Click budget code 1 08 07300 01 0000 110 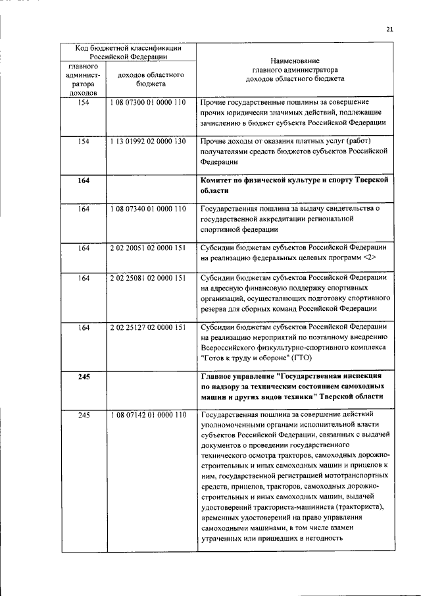point(150,103)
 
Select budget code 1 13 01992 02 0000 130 point(150,142)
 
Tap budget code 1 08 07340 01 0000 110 point(150,209)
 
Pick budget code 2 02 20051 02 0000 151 point(150,248)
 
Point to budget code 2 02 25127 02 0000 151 point(150,327)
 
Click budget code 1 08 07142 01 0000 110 point(150,415)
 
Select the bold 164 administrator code point(83,180)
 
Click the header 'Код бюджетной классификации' point(128,48)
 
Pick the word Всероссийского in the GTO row point(231,347)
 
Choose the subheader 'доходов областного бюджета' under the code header point(150,80)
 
